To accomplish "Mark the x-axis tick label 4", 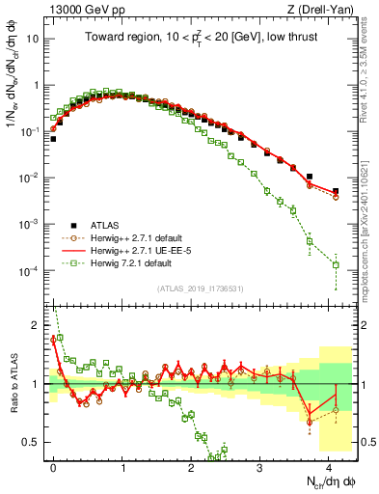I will (329, 465).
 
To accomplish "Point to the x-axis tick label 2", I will (191, 465).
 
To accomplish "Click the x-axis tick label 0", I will (53, 465).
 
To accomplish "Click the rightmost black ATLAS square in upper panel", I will (336, 191).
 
